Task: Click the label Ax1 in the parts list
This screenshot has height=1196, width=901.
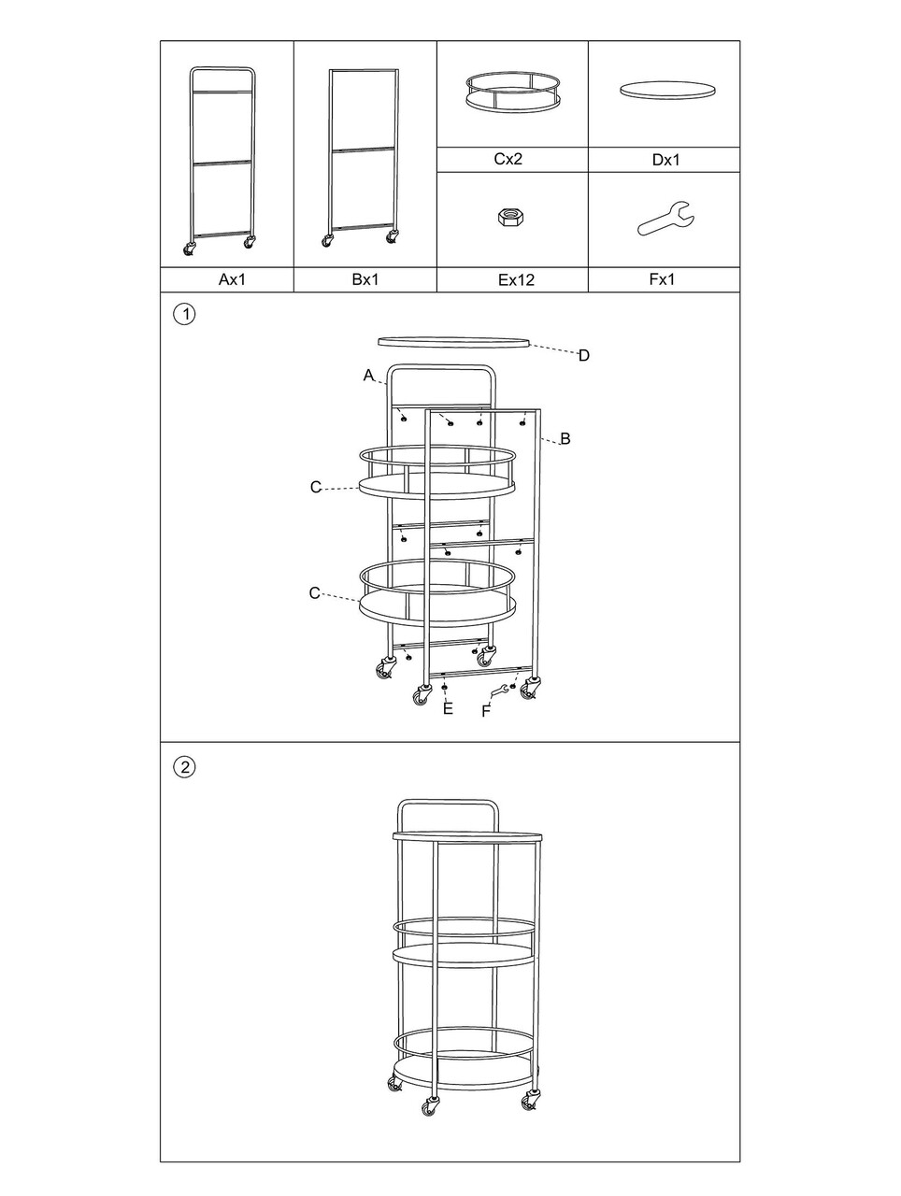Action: pyautogui.click(x=232, y=279)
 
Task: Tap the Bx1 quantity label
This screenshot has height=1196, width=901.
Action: pyautogui.click(x=365, y=279)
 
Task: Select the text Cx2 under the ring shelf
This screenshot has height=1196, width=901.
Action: pyautogui.click(x=508, y=159)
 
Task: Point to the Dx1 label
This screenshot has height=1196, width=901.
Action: pyautogui.click(x=665, y=160)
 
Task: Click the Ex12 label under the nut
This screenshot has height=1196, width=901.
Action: pyautogui.click(x=516, y=280)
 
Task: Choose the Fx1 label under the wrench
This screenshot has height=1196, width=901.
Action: pyautogui.click(x=662, y=279)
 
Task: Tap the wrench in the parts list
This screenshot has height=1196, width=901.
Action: pyautogui.click(x=665, y=219)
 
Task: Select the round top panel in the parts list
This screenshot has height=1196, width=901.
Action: pyautogui.click(x=667, y=90)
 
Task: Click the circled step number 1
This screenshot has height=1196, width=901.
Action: pyautogui.click(x=184, y=314)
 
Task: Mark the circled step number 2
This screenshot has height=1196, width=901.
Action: pyautogui.click(x=184, y=767)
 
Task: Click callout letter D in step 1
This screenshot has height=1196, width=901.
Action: pyautogui.click(x=583, y=356)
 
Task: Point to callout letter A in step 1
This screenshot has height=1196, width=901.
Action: pyautogui.click(x=368, y=376)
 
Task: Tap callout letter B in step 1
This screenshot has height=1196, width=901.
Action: pyautogui.click(x=565, y=438)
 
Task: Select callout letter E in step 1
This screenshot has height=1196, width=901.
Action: pyautogui.click(x=448, y=708)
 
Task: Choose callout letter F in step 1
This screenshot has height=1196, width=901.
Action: pyautogui.click(x=486, y=712)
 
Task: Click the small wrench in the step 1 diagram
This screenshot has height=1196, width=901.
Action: pyautogui.click(x=499, y=691)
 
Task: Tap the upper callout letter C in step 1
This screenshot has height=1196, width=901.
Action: pyautogui.click(x=316, y=487)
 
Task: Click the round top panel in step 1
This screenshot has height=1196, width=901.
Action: pyautogui.click(x=453, y=342)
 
